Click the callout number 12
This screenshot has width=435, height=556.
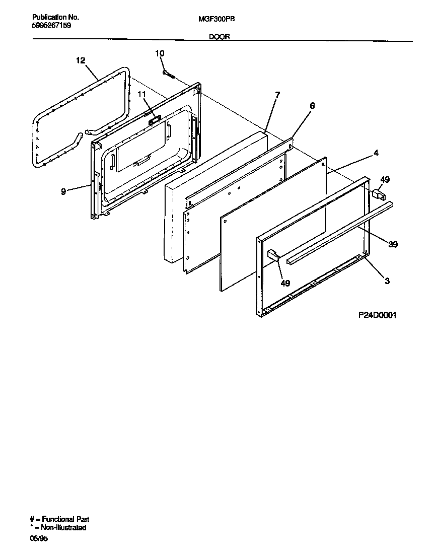(81, 60)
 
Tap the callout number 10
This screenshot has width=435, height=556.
(160, 53)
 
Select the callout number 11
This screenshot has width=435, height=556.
(141, 94)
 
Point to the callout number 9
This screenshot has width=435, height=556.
(63, 192)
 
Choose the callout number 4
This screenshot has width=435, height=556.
(376, 153)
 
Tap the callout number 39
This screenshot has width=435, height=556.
(393, 245)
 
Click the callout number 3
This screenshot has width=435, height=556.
(387, 282)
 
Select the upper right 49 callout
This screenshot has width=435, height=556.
(385, 179)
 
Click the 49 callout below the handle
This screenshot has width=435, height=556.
(285, 284)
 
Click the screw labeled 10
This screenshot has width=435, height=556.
(168, 75)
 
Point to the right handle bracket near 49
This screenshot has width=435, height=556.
(377, 193)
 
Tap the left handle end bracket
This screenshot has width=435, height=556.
(273, 255)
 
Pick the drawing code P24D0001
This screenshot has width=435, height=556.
(378, 315)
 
